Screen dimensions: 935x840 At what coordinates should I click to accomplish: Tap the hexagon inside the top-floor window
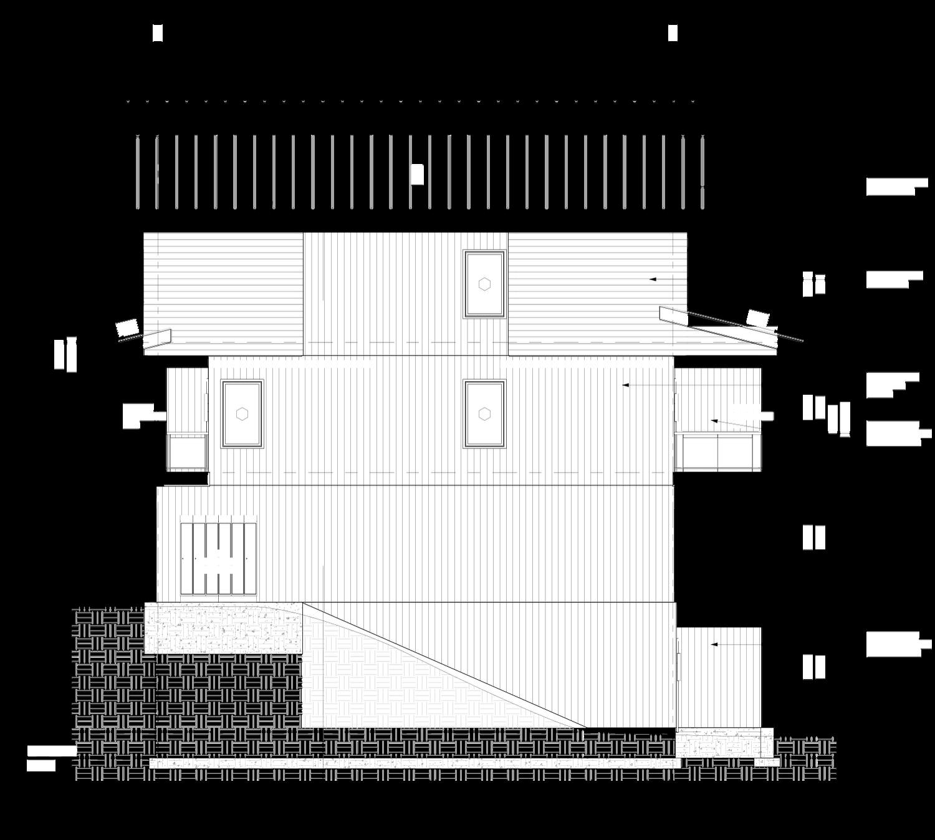pyautogui.click(x=484, y=284)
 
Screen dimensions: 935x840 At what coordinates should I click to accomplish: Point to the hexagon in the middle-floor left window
pyautogui.click(x=242, y=413)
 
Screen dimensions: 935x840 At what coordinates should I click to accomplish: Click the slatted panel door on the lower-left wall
pyautogui.click(x=219, y=559)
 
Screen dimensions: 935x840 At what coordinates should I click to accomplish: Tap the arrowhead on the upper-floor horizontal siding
pyautogui.click(x=652, y=279)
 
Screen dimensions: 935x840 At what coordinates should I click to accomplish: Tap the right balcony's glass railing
pyautogui.click(x=718, y=453)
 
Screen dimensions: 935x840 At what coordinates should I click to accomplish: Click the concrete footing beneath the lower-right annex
pyautogui.click(x=723, y=743)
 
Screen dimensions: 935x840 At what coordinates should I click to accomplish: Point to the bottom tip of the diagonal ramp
pyautogui.click(x=585, y=727)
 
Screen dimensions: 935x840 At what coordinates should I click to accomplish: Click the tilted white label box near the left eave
pyautogui.click(x=127, y=328)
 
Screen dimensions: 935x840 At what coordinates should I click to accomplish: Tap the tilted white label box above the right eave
pyautogui.click(x=757, y=319)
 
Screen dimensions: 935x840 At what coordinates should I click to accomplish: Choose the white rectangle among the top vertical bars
pyautogui.click(x=417, y=175)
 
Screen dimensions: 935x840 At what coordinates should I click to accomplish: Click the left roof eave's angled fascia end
pyautogui.click(x=157, y=339)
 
